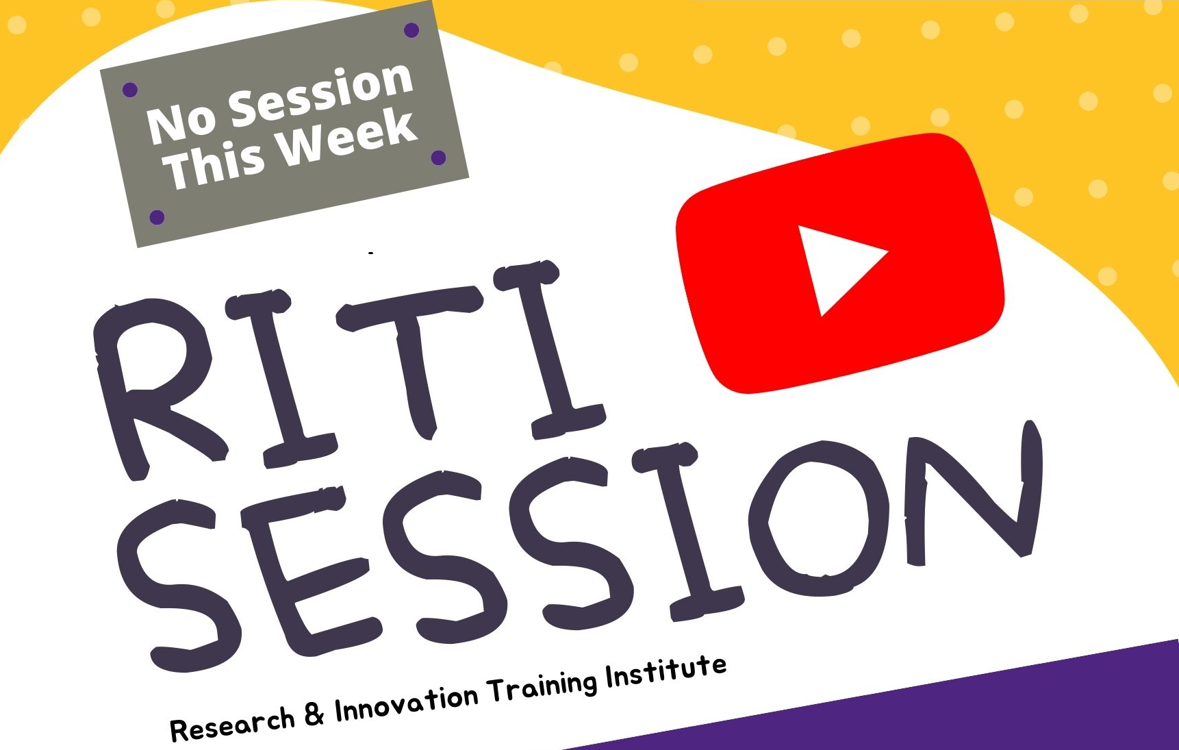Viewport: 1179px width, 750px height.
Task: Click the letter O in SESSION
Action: click(819, 518)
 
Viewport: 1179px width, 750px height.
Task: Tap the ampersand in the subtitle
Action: click(314, 713)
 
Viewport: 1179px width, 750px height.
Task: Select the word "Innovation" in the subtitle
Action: click(406, 702)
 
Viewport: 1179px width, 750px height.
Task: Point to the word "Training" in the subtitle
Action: click(542, 688)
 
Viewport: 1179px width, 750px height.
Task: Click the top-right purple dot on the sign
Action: click(411, 30)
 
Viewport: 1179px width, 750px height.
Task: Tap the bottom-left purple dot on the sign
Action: click(157, 217)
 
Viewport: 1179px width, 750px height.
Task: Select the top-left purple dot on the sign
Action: click(130, 90)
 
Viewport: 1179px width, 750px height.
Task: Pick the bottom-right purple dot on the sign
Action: click(439, 158)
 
